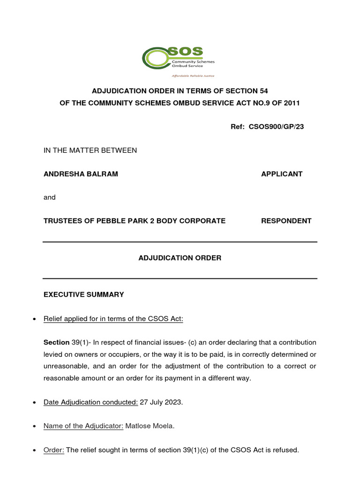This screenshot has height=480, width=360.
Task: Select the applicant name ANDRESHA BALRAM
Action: pyautogui.click(x=81, y=174)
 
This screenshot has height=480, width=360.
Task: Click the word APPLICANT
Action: pyautogui.click(x=281, y=174)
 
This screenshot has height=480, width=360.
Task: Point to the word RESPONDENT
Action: pyautogui.click(x=286, y=221)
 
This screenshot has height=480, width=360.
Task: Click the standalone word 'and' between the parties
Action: pyautogui.click(x=50, y=197)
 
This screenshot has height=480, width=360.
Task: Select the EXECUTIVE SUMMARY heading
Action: pyautogui.click(x=84, y=295)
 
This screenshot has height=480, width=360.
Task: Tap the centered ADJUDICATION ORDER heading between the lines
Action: pyautogui.click(x=180, y=258)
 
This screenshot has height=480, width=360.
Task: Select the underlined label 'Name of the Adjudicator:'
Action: pyautogui.click(x=83, y=426)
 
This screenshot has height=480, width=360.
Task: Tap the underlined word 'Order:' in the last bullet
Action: pyautogui.click(x=54, y=450)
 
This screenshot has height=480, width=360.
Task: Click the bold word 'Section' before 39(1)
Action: pyautogui.click(x=56, y=342)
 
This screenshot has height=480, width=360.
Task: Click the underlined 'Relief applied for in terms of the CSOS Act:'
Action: pyautogui.click(x=113, y=319)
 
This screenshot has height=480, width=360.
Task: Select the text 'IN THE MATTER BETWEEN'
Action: pyautogui.click(x=90, y=150)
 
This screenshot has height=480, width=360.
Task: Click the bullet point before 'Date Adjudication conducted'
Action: pyautogui.click(x=35, y=403)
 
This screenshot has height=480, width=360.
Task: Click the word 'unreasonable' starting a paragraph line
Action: pyautogui.click(x=63, y=366)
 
